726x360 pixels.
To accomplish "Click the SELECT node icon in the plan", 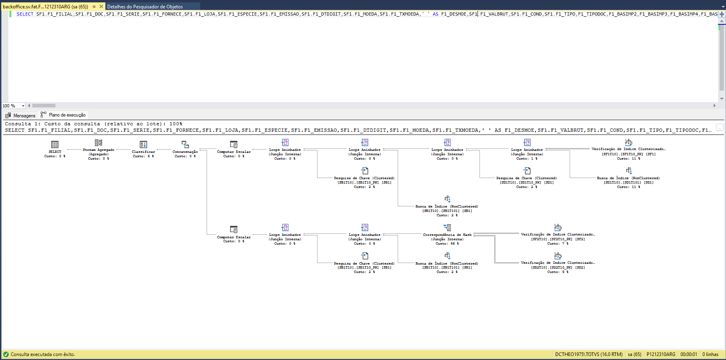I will pos(55,144).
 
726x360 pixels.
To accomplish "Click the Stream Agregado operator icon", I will pos(99,142).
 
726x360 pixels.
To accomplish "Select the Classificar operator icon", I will pos(143,144).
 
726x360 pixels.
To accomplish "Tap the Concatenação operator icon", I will pos(185,144).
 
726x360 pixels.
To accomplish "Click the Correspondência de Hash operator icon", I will pos(447,227).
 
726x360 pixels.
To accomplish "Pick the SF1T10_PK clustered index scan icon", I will pos(629,142).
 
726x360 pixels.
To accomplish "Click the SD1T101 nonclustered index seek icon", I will pos(629,170).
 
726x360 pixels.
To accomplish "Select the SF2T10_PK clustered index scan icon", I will pos(558,227).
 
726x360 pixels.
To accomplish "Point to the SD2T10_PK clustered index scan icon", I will pos(558,256).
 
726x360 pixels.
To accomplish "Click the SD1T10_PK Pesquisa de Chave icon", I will pos(527,171).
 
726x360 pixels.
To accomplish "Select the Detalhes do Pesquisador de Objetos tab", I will pos(145,6).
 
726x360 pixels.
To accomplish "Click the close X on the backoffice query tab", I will pos(101,6).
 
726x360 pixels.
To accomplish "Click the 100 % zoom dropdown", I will pos(14,106).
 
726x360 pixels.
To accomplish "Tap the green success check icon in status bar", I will pos(6,354).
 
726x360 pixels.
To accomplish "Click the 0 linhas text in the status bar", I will pos(710,354).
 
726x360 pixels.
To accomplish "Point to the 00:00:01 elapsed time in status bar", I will pos(689,354).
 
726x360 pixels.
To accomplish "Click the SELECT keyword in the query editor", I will pos(25,14).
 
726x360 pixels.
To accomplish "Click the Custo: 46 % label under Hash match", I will pos(447,243).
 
